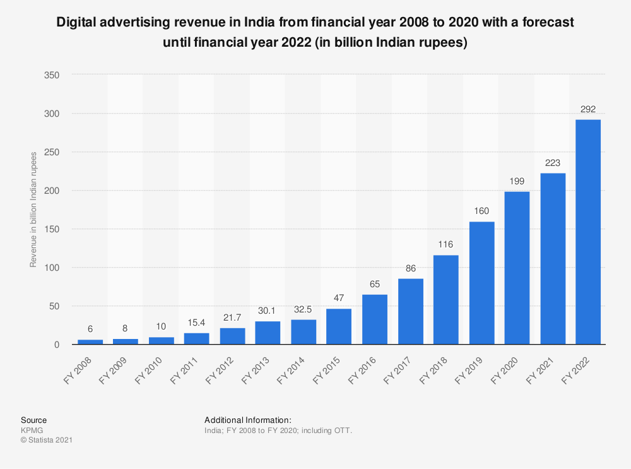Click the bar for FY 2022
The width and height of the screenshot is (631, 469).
point(588,232)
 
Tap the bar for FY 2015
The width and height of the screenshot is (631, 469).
point(339,326)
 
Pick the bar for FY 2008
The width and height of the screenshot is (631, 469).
point(90,341)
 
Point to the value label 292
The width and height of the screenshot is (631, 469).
point(588,109)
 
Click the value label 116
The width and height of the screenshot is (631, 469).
point(445,244)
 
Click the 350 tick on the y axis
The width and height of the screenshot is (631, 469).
point(52,75)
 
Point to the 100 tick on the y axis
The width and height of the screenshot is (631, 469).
point(52,268)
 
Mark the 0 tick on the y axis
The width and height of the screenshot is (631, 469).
point(57,345)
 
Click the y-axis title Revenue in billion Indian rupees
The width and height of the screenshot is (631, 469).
point(33,209)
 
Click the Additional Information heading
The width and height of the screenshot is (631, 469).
point(247,420)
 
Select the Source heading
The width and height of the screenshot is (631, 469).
point(33,420)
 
